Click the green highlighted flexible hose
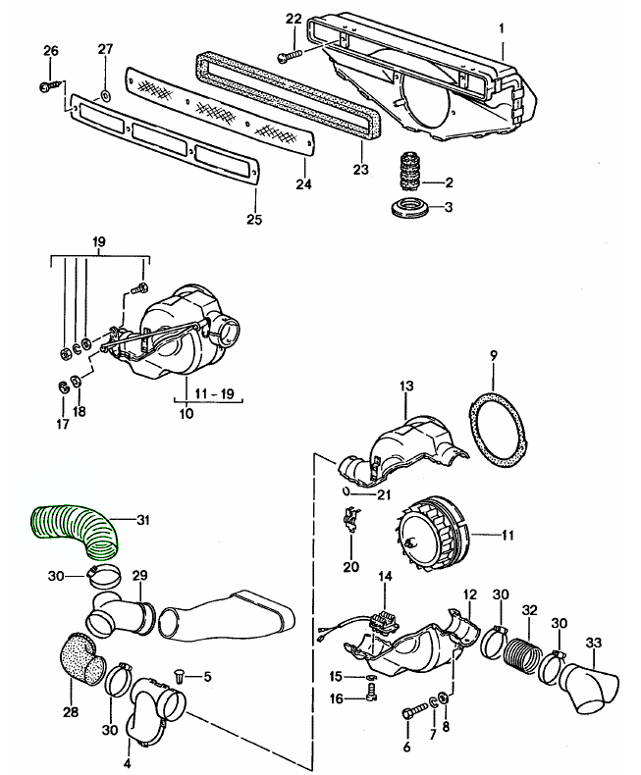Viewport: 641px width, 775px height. (x=75, y=528)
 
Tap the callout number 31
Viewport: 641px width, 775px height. (x=143, y=520)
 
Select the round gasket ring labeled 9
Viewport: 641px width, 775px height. (x=498, y=429)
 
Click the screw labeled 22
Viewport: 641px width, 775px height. (x=290, y=55)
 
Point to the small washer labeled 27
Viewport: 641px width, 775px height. (x=105, y=95)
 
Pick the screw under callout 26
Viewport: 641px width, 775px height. (x=50, y=87)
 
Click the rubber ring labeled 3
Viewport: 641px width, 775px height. (x=408, y=207)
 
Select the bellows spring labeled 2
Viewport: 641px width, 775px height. (x=409, y=177)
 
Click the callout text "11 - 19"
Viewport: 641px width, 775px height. (x=215, y=393)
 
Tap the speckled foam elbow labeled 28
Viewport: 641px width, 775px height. (x=82, y=660)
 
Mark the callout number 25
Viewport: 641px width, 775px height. (x=254, y=220)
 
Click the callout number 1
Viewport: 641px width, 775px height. (x=502, y=28)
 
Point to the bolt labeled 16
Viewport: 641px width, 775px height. (x=371, y=693)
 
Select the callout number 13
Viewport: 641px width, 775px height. (x=405, y=386)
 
